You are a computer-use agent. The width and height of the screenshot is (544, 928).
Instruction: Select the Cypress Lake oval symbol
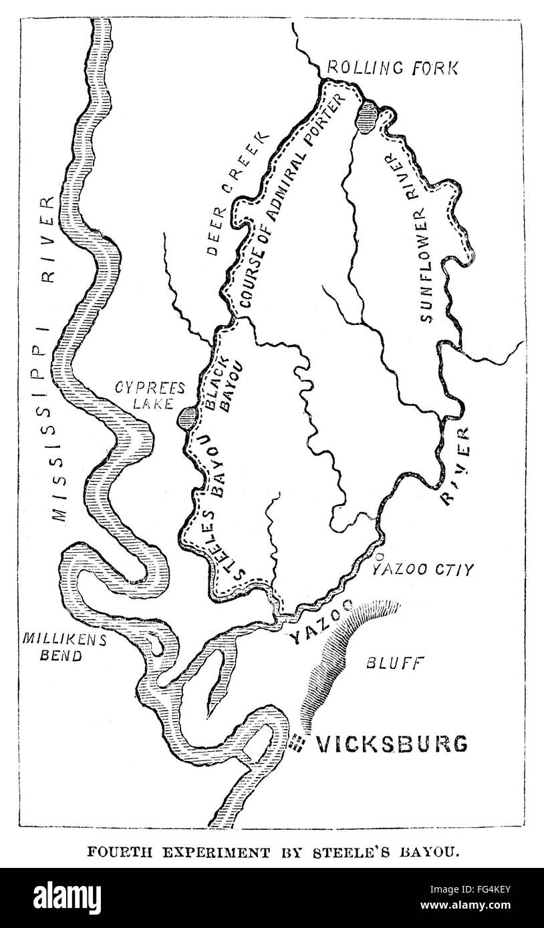pyautogui.click(x=187, y=419)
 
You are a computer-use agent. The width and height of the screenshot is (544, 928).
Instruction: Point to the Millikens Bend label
pyautogui.click(x=52, y=646)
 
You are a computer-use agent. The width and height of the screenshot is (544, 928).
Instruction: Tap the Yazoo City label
pyautogui.click(x=422, y=570)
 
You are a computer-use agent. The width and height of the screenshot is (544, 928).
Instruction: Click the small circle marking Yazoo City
pyautogui.click(x=380, y=555)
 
